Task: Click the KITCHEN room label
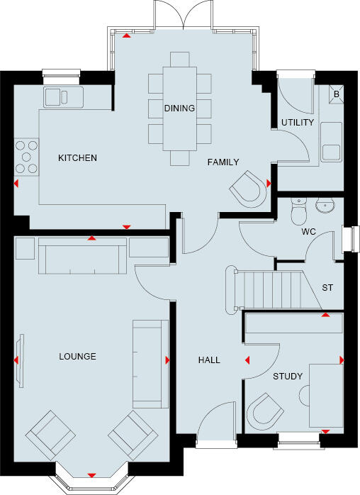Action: click(77, 157)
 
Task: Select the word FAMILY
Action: click(223, 162)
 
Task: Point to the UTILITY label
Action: click(296, 123)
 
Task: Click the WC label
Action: click(308, 232)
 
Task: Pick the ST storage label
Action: click(327, 288)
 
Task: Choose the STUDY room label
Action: click(288, 376)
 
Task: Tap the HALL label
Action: click(208, 360)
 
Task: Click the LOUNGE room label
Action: click(77, 356)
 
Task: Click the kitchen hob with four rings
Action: click(28, 158)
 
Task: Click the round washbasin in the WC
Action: click(325, 206)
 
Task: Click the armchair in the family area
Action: click(249, 188)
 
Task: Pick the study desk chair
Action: click(266, 411)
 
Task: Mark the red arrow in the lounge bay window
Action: click(91, 474)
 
